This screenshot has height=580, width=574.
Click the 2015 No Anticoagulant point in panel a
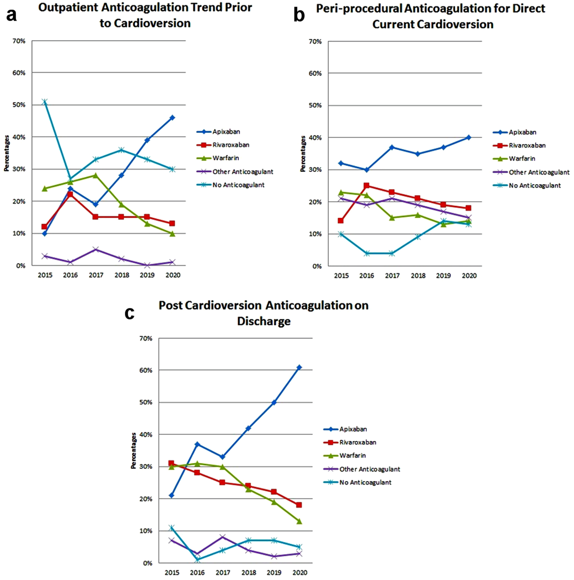tap(45, 102)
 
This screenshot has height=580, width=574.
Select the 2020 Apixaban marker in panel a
tap(172, 118)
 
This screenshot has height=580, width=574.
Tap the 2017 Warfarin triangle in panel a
tap(96, 175)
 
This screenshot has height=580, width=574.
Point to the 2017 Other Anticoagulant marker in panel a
tap(96, 249)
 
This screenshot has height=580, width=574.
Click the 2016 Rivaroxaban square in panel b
tap(366, 186)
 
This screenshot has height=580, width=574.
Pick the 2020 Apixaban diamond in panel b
tap(468, 137)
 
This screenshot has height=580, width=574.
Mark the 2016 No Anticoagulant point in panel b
tap(366, 253)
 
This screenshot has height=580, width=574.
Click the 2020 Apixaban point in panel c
tap(299, 367)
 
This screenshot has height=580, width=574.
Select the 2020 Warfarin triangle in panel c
tap(299, 521)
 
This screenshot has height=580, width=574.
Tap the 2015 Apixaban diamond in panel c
tap(172, 495)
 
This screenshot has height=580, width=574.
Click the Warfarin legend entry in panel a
tap(218, 158)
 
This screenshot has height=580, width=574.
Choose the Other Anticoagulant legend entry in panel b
tap(531, 172)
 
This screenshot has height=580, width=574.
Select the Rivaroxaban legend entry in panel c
tap(350, 442)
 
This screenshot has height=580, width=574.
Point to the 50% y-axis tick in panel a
tap(19, 105)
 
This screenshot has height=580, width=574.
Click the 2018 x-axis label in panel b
tap(418, 276)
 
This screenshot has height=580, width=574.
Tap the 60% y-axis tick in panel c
tap(146, 370)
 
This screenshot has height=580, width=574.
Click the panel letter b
tap(299, 15)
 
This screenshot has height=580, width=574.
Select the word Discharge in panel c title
tap(264, 321)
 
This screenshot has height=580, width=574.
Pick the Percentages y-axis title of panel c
tap(133, 451)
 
